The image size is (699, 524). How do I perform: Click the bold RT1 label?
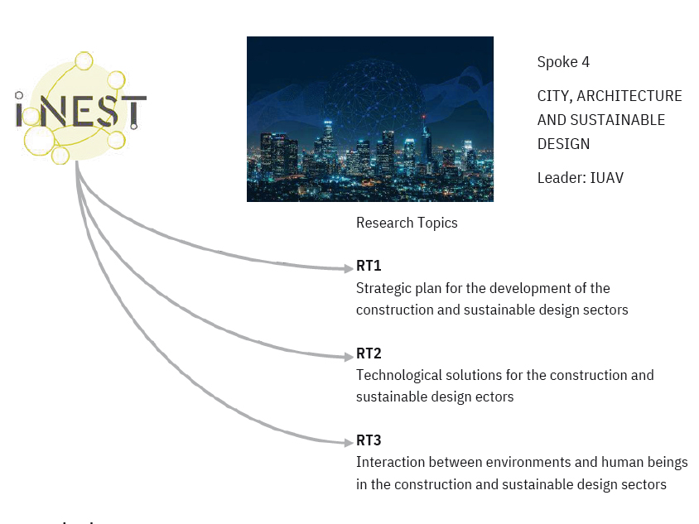[x=369, y=266]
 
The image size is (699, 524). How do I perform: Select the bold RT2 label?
[x=369, y=353]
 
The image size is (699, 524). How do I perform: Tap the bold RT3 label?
[x=369, y=440]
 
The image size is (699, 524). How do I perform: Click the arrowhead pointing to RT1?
[x=349, y=268]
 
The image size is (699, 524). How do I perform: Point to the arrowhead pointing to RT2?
[x=349, y=357]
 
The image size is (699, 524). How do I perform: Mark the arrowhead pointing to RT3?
[x=349, y=442]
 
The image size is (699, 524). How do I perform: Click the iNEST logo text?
[x=80, y=111]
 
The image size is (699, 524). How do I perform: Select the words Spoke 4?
[x=563, y=62]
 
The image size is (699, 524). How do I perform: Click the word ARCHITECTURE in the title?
[x=629, y=96]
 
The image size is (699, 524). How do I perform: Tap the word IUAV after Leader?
[x=607, y=178]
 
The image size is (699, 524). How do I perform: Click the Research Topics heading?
[x=407, y=223]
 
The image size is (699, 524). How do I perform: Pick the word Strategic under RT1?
[x=383, y=289]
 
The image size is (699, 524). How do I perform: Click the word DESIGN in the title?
[x=563, y=144]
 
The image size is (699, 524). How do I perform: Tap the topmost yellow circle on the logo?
[x=84, y=61]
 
